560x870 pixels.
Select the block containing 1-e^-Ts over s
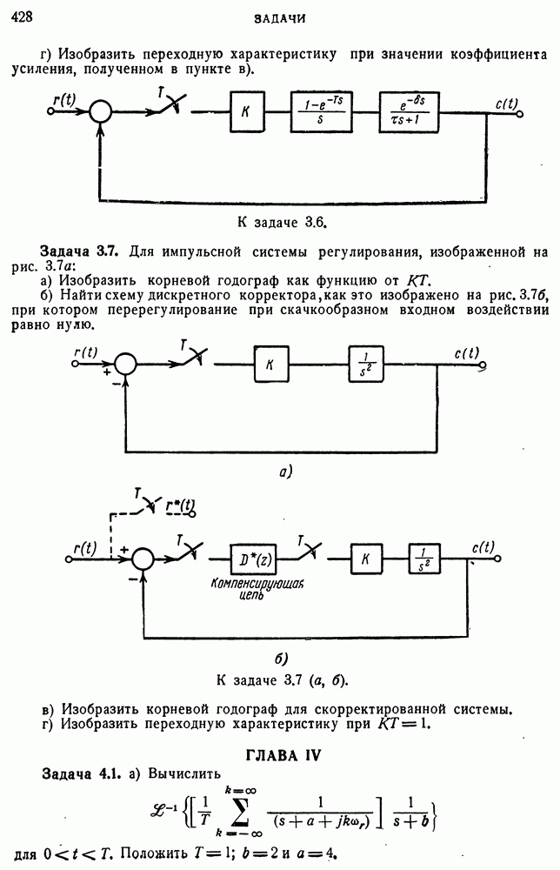tap(326, 110)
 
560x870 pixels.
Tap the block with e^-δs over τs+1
tap(417, 110)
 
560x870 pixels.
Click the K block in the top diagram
tap(247, 110)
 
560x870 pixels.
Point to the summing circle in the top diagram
tap(103, 111)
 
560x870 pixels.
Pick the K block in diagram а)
tap(270, 364)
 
